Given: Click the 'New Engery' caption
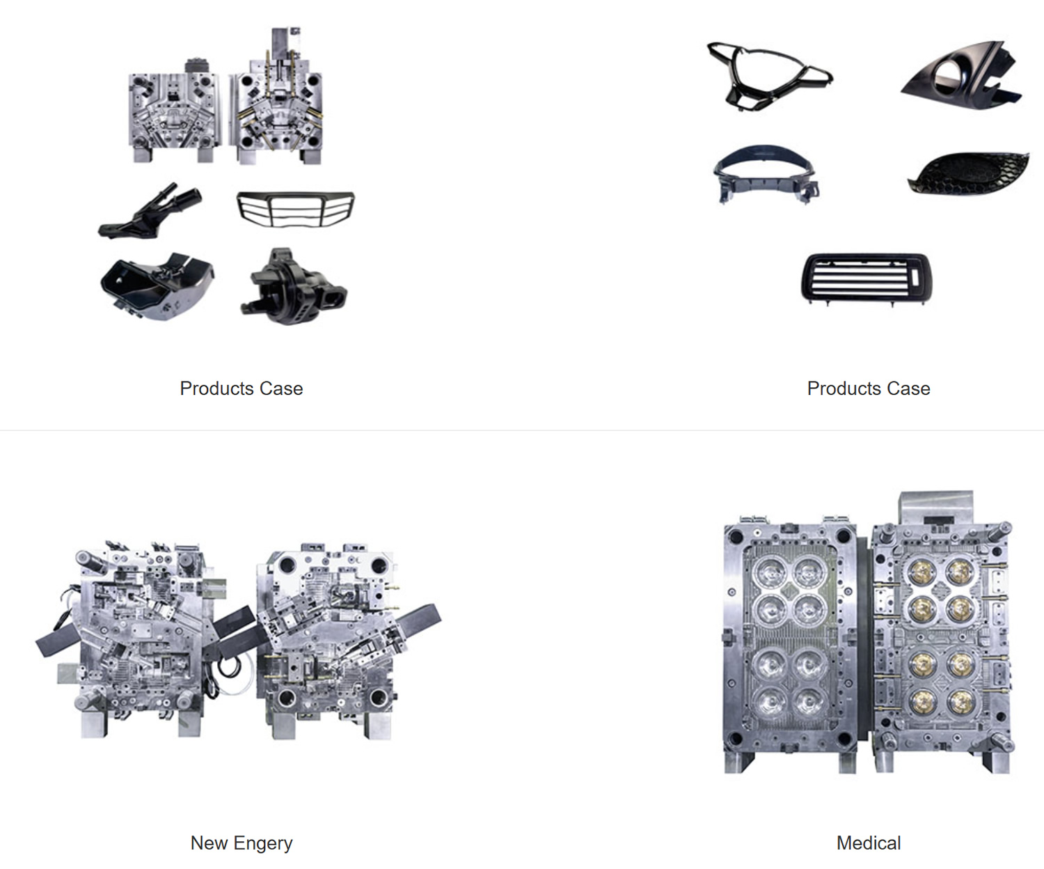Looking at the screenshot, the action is [242, 843].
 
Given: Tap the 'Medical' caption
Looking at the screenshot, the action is [869, 843].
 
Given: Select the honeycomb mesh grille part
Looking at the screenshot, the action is [968, 173].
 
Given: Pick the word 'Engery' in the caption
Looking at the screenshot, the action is [263, 843].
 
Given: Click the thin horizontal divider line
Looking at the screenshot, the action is [522, 430].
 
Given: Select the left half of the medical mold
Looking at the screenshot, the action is [790, 645].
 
